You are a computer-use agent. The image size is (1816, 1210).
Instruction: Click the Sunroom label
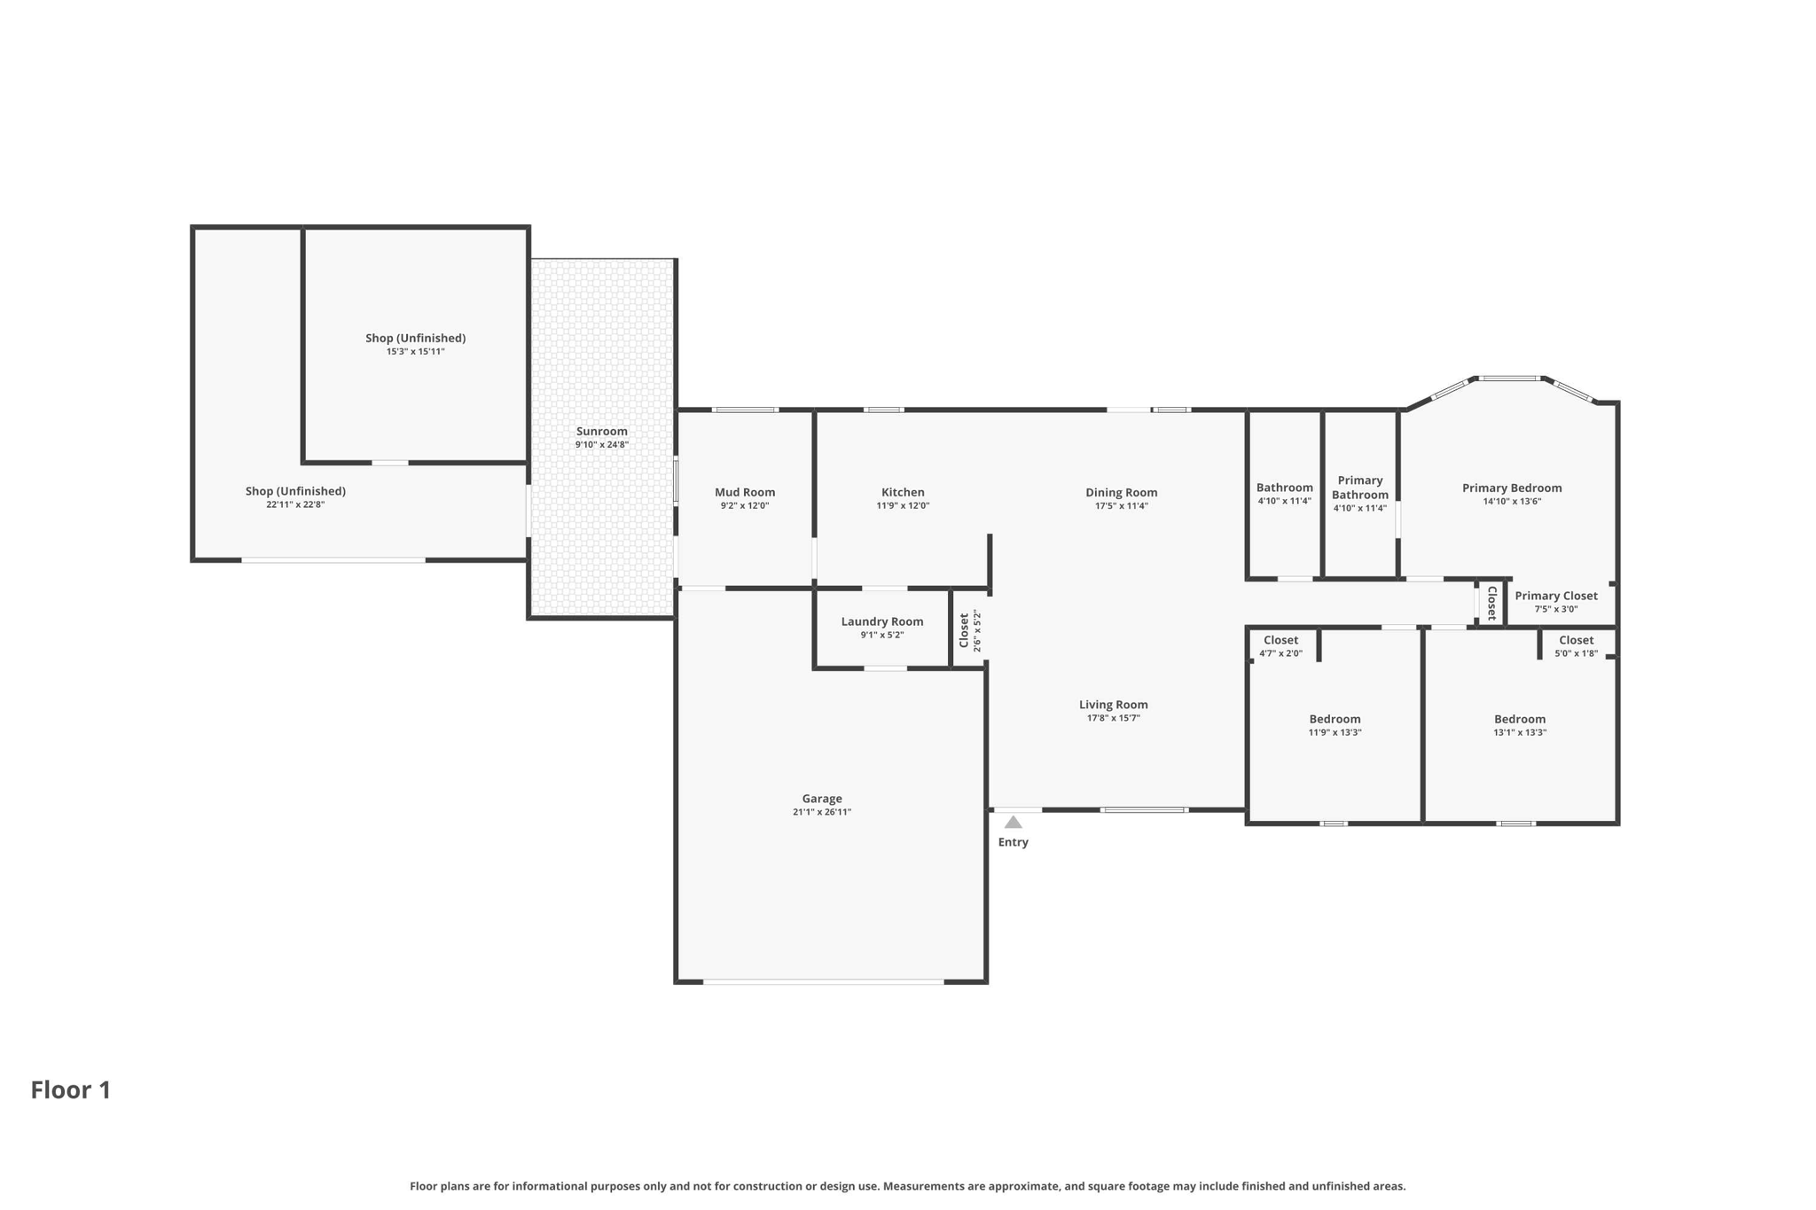click(x=601, y=432)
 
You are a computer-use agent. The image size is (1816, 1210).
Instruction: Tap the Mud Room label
click(x=745, y=492)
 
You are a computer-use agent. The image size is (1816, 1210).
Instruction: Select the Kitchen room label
click(x=903, y=492)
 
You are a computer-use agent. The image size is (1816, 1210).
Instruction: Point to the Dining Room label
click(x=1122, y=492)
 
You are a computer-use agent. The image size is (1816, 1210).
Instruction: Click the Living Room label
click(x=1114, y=705)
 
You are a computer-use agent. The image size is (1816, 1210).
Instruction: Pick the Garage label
click(x=822, y=799)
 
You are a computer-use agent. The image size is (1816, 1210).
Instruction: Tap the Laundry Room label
click(x=882, y=621)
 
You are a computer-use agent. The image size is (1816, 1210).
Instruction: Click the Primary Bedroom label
click(x=1512, y=488)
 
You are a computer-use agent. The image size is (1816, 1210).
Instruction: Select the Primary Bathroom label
click(x=1360, y=488)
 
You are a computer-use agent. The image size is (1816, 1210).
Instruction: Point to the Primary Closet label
click(x=1556, y=596)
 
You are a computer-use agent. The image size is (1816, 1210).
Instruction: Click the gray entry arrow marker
click(x=1014, y=822)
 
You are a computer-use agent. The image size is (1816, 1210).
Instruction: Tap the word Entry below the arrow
click(x=1014, y=842)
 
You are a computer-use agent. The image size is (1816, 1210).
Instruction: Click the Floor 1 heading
click(x=71, y=1089)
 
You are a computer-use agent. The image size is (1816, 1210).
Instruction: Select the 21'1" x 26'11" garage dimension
click(x=822, y=812)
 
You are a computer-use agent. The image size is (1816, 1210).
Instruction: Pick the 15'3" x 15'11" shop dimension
click(x=415, y=351)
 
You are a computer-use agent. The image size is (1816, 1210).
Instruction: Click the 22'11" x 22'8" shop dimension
click(x=295, y=504)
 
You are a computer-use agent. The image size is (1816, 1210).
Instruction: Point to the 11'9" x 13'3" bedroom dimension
click(x=1335, y=732)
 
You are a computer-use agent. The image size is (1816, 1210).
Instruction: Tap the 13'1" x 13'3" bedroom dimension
click(x=1520, y=732)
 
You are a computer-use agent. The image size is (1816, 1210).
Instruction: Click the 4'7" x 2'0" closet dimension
click(x=1280, y=653)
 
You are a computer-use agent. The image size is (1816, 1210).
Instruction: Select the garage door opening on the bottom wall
click(x=824, y=981)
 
